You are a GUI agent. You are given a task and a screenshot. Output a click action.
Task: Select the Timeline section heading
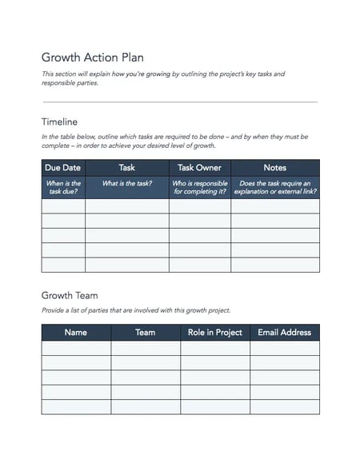tap(59, 122)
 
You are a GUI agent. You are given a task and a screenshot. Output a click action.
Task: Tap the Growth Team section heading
tap(70, 295)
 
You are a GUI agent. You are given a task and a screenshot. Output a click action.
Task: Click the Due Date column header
tap(63, 168)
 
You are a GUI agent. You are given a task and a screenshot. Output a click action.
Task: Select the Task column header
tap(126, 168)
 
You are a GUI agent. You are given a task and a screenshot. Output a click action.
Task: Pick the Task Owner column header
tap(199, 168)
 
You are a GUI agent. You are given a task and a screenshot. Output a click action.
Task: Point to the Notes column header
tap(274, 168)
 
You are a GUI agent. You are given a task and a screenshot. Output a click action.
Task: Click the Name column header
tap(76, 332)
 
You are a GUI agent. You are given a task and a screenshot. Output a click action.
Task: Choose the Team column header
tap(145, 332)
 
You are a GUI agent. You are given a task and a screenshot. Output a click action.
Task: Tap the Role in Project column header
tap(214, 332)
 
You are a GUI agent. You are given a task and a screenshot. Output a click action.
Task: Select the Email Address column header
tap(284, 332)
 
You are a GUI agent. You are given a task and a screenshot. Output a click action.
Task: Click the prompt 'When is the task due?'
tap(63, 187)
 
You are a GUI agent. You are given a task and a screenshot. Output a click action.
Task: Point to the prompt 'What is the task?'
tap(126, 183)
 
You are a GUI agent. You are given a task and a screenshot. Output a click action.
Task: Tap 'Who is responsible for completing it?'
tap(199, 187)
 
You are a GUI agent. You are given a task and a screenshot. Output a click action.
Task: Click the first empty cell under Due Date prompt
tap(63, 206)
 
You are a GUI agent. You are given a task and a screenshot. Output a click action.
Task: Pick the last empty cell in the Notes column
tap(274, 265)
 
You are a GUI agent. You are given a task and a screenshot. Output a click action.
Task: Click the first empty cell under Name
tap(76, 348)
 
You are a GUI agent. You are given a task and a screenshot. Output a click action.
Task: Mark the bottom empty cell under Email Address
tap(284, 406)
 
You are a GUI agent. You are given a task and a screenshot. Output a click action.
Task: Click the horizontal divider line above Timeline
tap(179, 102)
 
